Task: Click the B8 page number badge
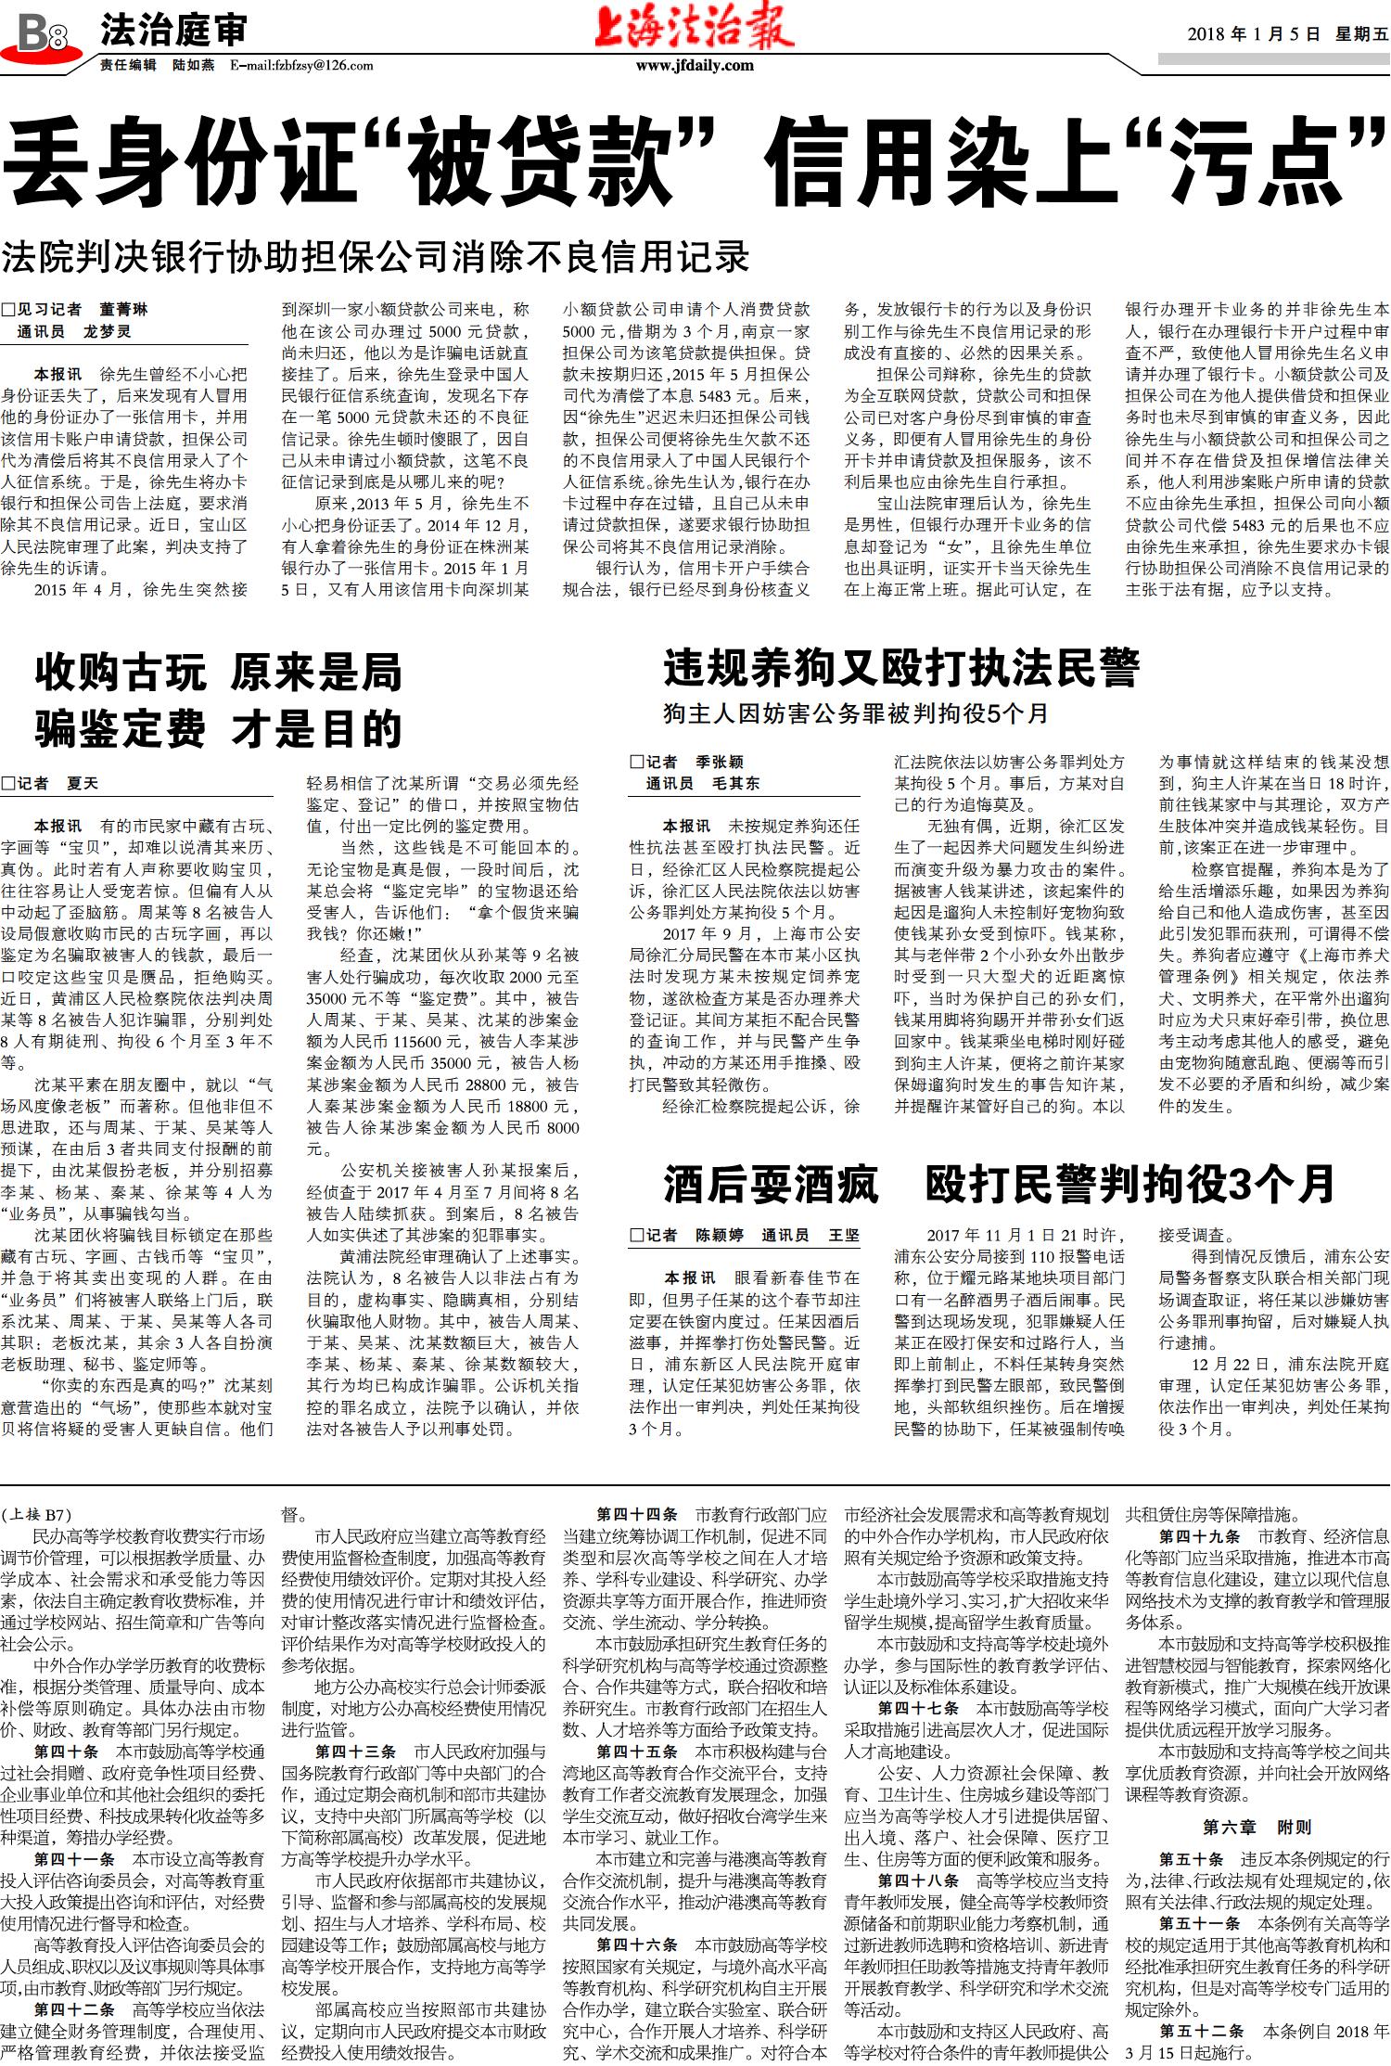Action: point(43,35)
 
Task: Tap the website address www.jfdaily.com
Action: point(695,66)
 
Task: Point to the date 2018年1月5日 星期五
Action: point(1287,34)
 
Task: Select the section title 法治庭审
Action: point(173,32)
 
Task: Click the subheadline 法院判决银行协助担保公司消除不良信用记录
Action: point(375,257)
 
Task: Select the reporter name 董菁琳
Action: point(123,310)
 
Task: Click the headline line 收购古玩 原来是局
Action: point(219,673)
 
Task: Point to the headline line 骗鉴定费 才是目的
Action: point(219,729)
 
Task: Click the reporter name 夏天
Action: point(83,784)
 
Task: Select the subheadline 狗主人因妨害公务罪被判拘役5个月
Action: point(855,713)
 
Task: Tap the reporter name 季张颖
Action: point(720,763)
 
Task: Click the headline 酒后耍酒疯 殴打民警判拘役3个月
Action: point(999,1184)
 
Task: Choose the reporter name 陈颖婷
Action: point(720,1235)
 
